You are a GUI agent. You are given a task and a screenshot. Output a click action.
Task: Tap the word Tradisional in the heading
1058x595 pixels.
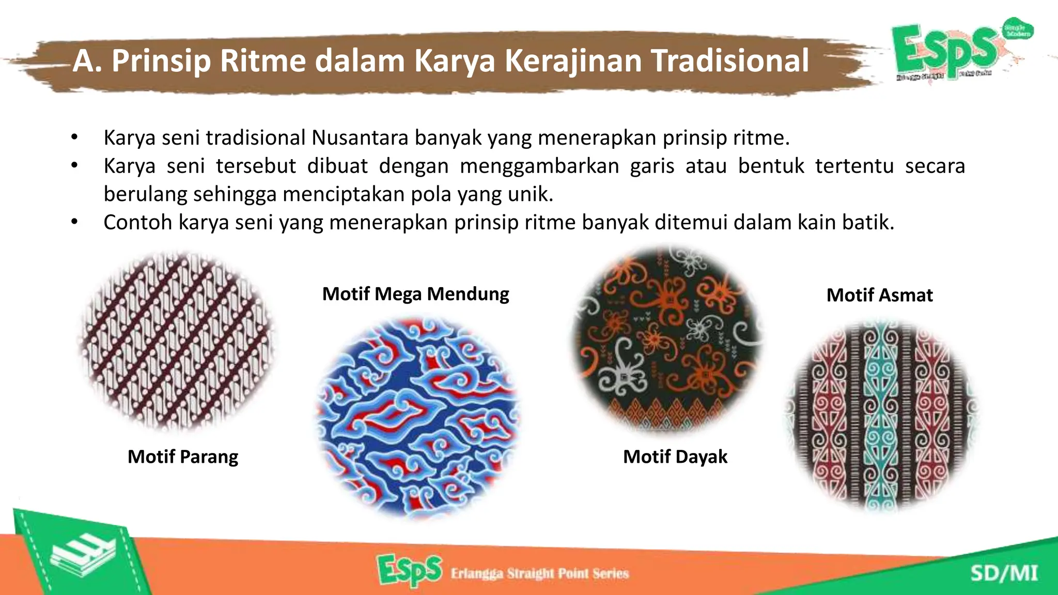(729, 60)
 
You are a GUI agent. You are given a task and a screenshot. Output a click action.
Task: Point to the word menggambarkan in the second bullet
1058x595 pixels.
(539, 166)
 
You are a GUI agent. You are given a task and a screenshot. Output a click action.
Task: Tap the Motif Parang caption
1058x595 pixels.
(183, 457)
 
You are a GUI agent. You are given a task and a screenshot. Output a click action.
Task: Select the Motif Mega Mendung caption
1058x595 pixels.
(415, 294)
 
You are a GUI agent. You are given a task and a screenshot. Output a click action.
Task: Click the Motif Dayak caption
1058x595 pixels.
(675, 457)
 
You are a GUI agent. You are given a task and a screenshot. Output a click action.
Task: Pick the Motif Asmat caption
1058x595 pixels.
(879, 295)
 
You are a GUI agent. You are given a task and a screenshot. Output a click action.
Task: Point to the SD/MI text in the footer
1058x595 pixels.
(1004, 573)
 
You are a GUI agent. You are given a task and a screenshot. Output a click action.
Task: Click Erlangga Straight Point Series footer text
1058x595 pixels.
(539, 573)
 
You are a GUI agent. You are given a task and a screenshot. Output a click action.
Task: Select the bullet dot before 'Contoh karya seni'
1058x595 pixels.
(74, 223)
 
